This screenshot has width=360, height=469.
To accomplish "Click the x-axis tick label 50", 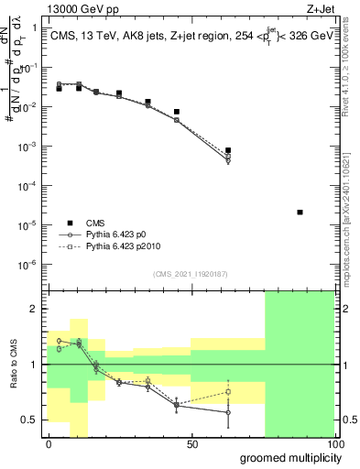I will click(191, 444).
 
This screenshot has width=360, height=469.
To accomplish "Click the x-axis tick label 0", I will click(49, 444).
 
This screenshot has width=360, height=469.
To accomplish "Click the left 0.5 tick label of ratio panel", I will click(33, 420).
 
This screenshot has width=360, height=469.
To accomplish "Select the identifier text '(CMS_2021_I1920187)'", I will click(191, 274).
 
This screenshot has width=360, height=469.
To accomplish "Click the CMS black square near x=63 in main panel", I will click(228, 150).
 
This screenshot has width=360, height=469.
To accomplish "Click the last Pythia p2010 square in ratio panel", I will click(228, 392).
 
